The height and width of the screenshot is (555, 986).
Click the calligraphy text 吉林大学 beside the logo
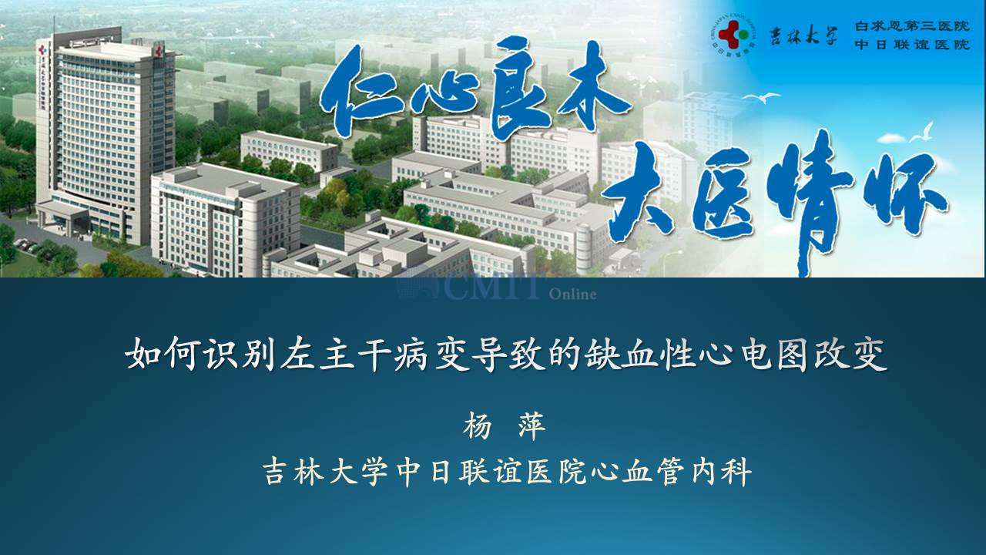pyautogui.click(x=803, y=35)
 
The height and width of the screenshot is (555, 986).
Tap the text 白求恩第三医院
pyautogui.click(x=911, y=26)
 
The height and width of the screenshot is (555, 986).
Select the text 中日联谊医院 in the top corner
pyautogui.click(x=911, y=45)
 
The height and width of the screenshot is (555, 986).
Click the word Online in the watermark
pyautogui.click(x=572, y=294)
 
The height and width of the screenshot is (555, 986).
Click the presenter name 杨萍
pyautogui.click(x=505, y=426)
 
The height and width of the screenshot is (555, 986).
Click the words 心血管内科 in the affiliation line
pyautogui.click(x=670, y=472)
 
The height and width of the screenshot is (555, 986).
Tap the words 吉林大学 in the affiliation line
pyautogui.click(x=325, y=472)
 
